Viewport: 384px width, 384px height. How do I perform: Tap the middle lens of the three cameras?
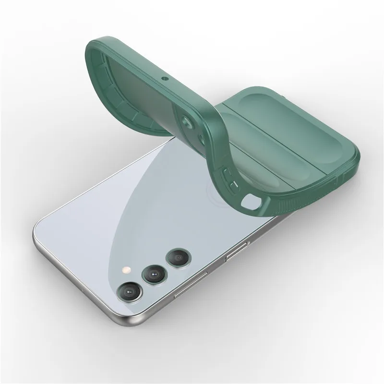153,274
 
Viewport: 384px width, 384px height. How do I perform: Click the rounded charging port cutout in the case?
250,202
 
